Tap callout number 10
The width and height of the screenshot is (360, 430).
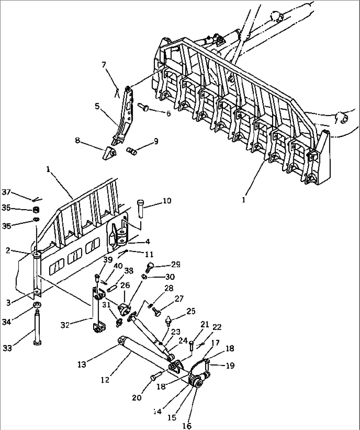(x=167, y=201)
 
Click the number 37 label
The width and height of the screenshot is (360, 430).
(x=7, y=192)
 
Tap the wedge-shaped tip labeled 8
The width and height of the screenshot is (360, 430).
(x=109, y=154)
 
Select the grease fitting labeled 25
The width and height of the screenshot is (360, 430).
(x=169, y=320)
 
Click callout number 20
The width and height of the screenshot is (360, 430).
(x=137, y=398)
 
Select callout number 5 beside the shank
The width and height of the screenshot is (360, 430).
(x=97, y=106)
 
